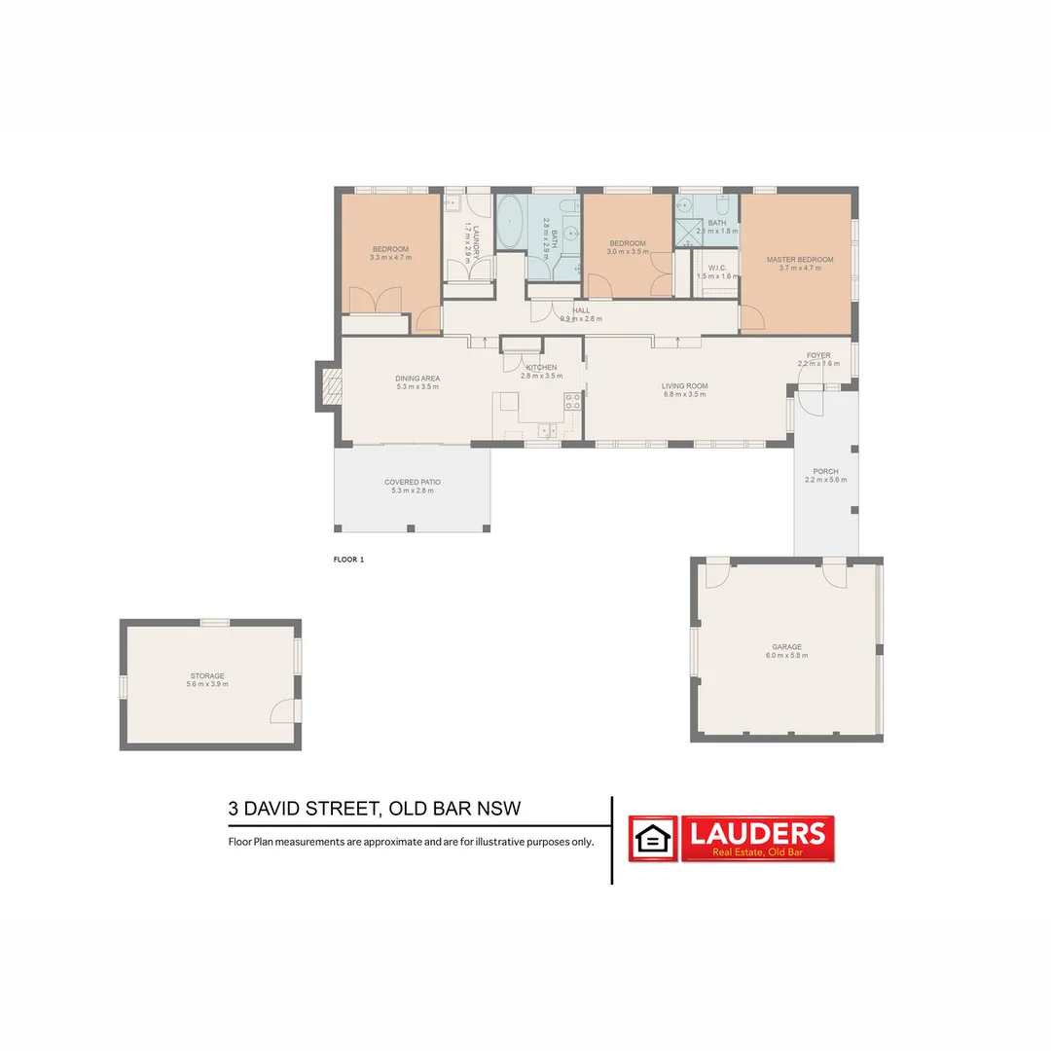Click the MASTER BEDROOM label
pos(800,260)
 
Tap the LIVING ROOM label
pos(684,386)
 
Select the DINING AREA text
pos(417,379)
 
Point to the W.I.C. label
pos(718,268)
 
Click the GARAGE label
pos(786,647)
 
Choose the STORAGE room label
pos(207,676)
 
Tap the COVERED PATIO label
pos(412,482)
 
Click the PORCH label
pos(825,472)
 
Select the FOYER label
pos(818,356)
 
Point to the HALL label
pos(581,310)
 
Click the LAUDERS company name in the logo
pos(757,833)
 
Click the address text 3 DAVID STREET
pos(305,809)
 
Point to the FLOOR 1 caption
pos(348,560)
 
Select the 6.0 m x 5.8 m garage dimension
pos(786,656)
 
